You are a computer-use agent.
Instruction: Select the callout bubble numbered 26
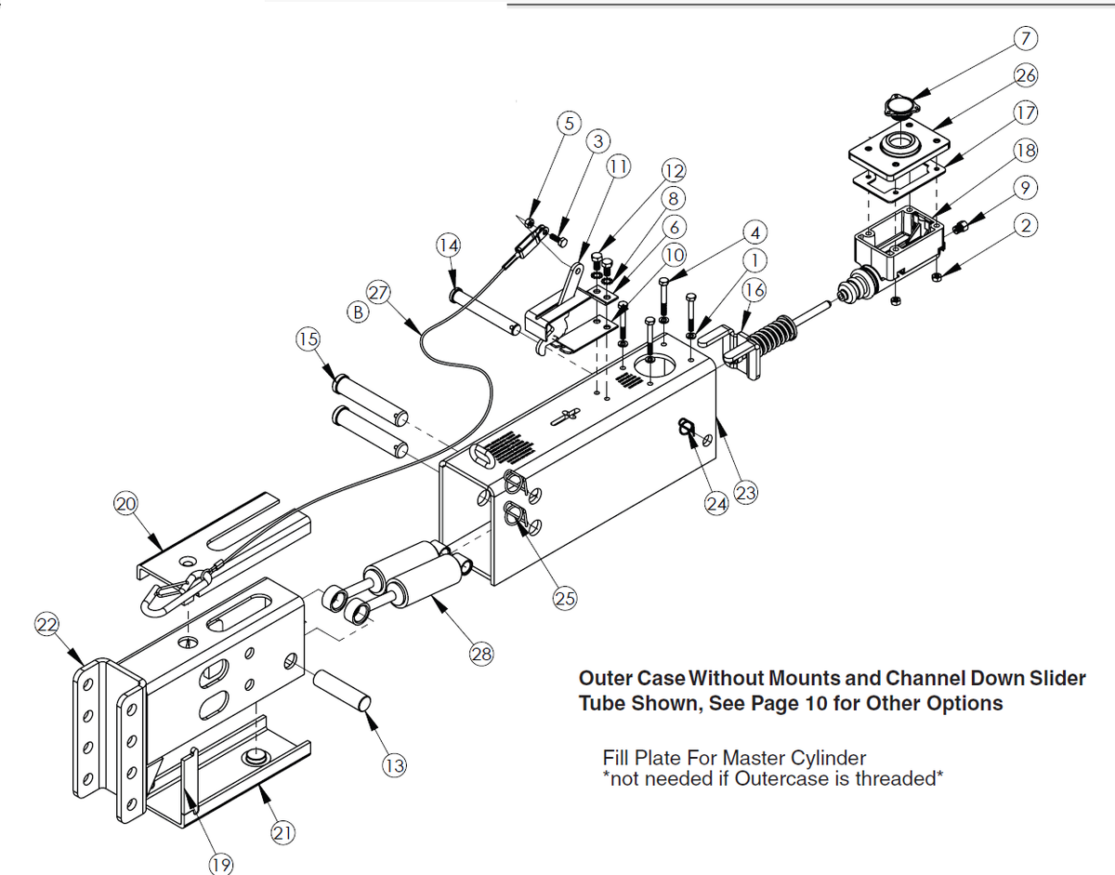click(x=1027, y=75)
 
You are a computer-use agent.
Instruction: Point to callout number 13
click(x=395, y=766)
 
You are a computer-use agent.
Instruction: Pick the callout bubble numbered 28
click(x=480, y=655)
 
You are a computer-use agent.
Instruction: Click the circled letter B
click(x=356, y=312)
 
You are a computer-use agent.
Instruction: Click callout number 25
click(x=565, y=598)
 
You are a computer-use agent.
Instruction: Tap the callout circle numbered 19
click(x=221, y=866)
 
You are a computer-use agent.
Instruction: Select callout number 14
click(x=449, y=245)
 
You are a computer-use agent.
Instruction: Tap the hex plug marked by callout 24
click(x=686, y=429)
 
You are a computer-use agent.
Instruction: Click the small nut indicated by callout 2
click(x=938, y=277)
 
